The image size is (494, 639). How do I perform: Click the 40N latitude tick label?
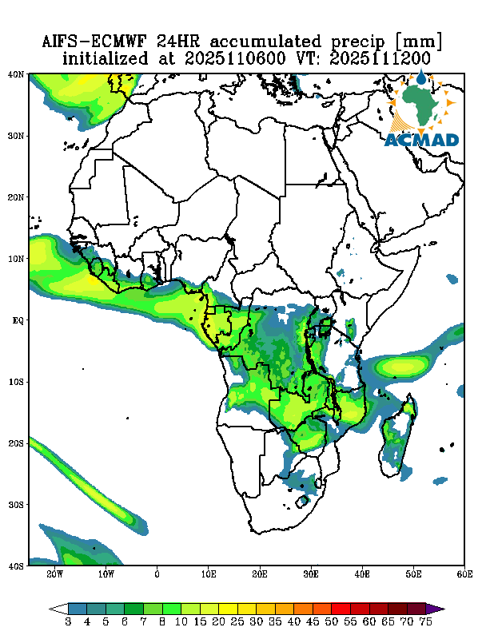tap(15, 74)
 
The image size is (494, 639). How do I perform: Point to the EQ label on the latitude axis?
tap(17, 320)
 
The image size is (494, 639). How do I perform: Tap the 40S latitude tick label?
tap(15, 566)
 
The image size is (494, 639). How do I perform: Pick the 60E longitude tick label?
tap(464, 574)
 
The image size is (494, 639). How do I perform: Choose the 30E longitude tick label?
tap(311, 574)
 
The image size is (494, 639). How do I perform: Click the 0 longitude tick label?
tap(157, 574)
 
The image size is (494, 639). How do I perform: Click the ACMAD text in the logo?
tap(421, 141)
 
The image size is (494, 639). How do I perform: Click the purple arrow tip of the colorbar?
tap(439, 608)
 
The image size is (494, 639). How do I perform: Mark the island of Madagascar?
tap(398, 435)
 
